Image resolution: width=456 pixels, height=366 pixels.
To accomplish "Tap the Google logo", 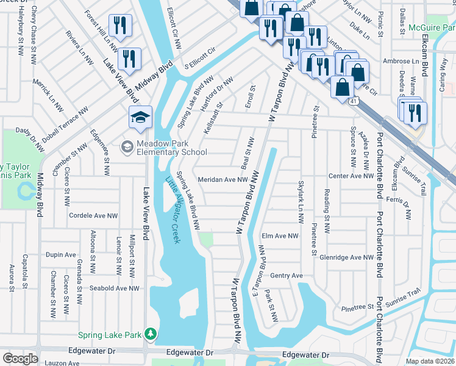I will tap(20, 359).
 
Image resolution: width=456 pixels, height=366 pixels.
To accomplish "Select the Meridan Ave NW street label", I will tap(223, 180).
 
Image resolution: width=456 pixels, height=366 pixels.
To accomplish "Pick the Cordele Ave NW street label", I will tap(94, 215).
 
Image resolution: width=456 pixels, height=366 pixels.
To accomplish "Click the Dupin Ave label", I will tap(61, 255).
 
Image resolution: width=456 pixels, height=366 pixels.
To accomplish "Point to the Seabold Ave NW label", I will tap(115, 288).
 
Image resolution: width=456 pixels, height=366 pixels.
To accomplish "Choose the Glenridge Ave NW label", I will tap(346, 258).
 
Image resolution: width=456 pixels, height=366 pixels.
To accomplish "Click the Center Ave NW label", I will tap(351, 176).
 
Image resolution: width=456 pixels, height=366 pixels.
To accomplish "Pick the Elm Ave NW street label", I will tap(280, 235).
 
